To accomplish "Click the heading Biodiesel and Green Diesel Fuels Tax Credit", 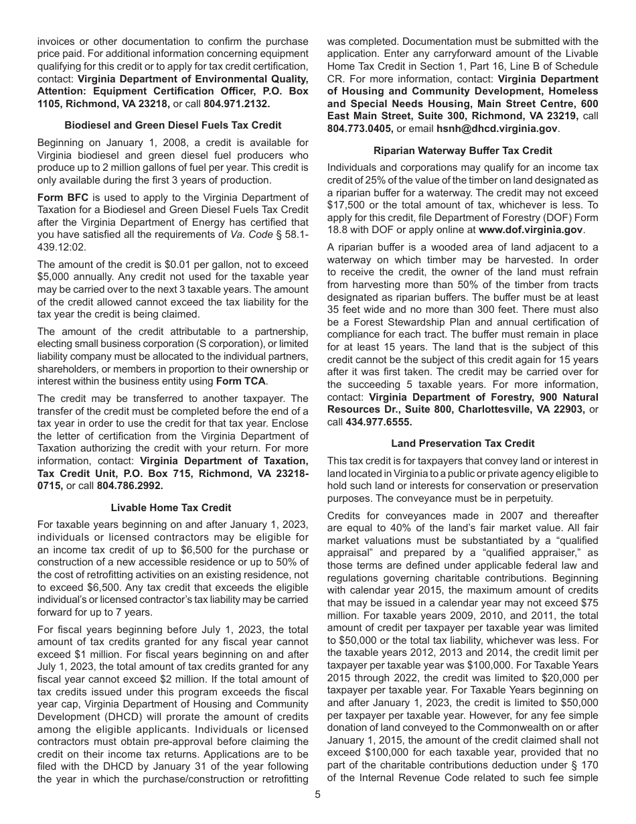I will click(x=173, y=125).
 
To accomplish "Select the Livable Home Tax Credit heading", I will click(x=173, y=507).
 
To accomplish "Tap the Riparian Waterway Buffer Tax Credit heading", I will click(x=463, y=151).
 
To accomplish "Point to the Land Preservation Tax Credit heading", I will click(x=463, y=443).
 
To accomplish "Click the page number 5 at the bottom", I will click(x=318, y=795).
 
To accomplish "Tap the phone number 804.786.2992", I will click(x=130, y=485).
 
